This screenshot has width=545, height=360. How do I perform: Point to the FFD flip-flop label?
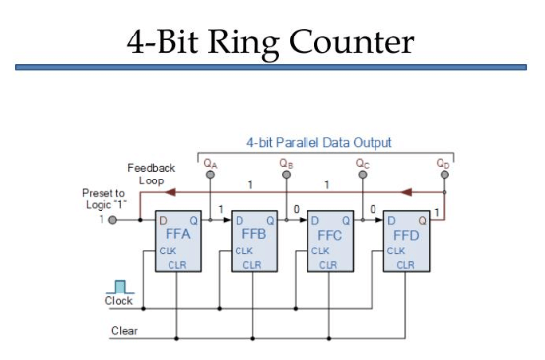[406, 236]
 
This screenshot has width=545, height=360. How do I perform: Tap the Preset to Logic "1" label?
[103, 198]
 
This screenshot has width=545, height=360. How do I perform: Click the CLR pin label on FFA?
[175, 265]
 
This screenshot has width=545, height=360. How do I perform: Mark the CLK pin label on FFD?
[396, 251]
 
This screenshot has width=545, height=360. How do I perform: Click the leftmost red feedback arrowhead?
[169, 192]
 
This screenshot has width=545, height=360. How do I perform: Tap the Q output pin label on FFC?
[345, 219]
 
